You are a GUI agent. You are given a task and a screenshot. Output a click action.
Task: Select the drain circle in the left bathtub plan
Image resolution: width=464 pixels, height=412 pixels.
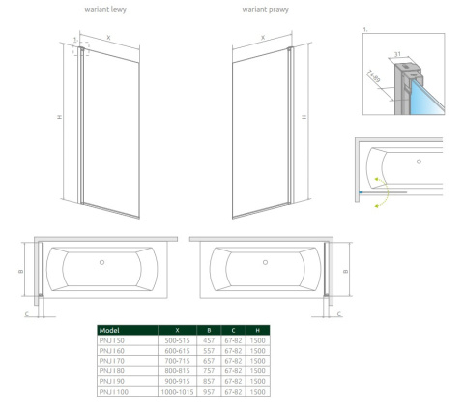101,262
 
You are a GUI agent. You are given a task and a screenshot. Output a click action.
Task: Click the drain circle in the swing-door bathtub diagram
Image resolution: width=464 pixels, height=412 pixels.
418,162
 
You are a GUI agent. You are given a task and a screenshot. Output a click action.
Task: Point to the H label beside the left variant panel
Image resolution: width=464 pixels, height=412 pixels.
59,118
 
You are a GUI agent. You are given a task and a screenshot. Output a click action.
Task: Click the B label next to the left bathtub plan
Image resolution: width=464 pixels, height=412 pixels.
22,271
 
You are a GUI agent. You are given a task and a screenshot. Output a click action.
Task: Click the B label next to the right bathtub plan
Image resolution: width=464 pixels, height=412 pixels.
344,271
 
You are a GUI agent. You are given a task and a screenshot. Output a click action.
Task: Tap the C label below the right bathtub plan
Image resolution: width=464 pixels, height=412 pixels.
340,313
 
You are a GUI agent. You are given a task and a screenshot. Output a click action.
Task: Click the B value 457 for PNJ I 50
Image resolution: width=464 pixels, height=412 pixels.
209,340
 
